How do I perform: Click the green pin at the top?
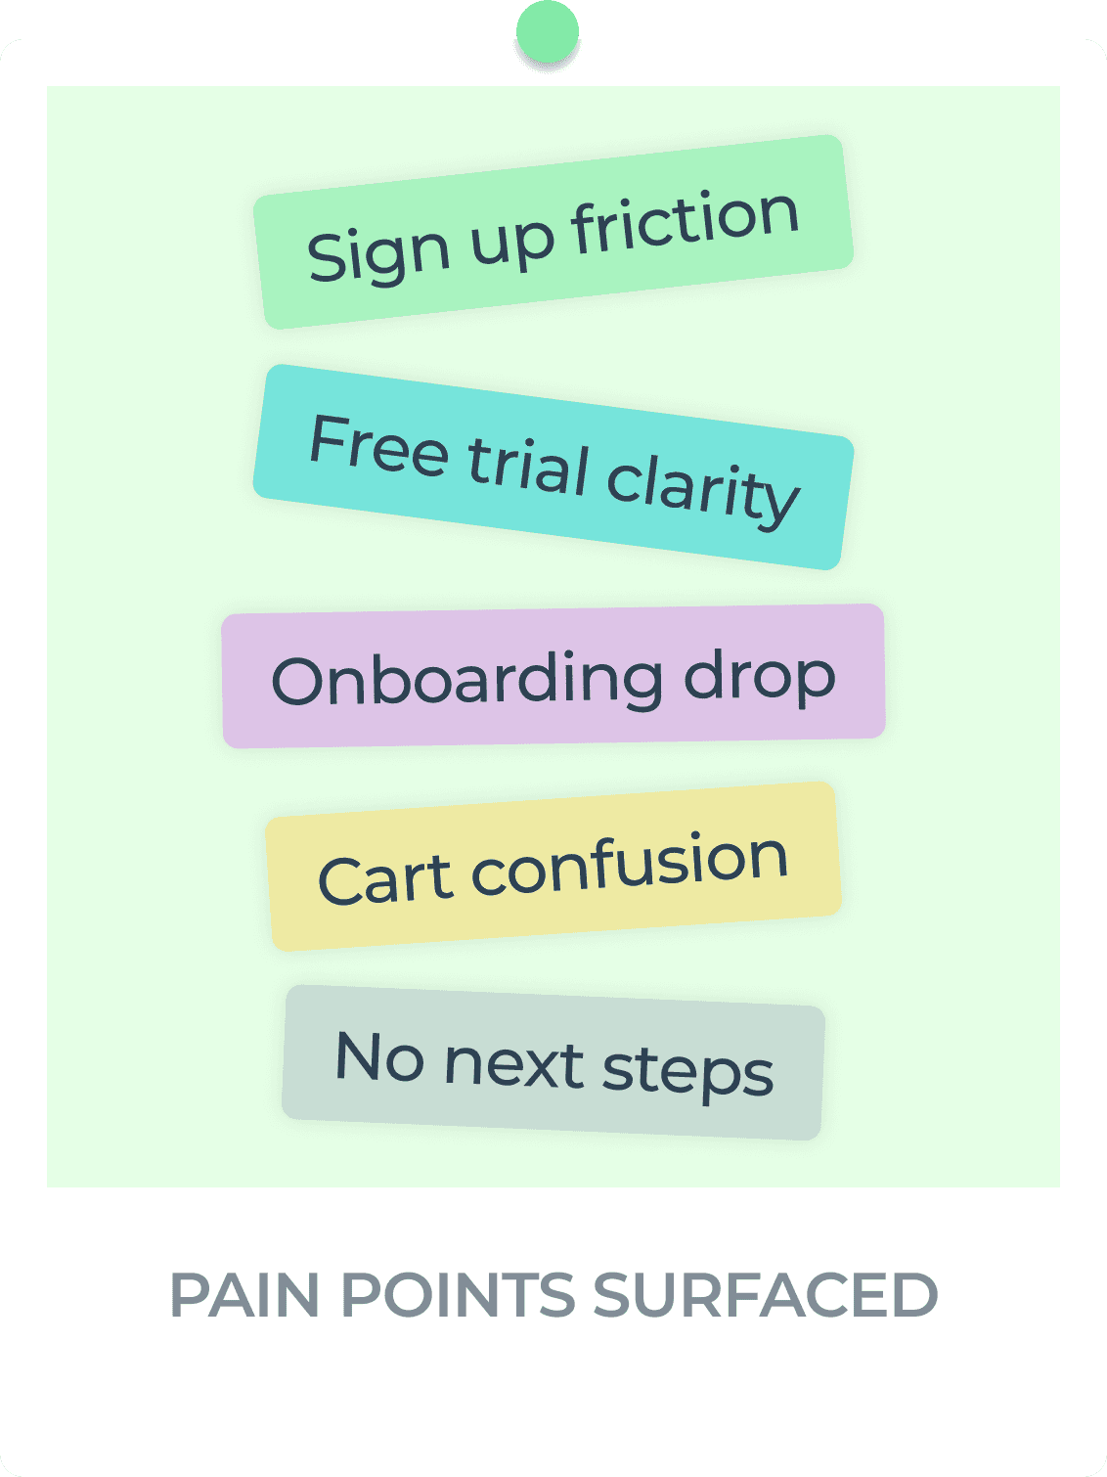tap(548, 32)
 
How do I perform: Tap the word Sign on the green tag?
tap(378, 252)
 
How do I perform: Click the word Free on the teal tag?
tap(378, 446)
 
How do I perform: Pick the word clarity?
tap(702, 488)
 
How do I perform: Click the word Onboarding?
tap(465, 680)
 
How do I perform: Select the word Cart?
tap(384, 877)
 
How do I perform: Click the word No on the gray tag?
tap(379, 1056)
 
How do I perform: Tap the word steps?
tap(687, 1072)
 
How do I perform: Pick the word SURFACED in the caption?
tap(765, 1295)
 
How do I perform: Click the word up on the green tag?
tap(510, 241)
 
